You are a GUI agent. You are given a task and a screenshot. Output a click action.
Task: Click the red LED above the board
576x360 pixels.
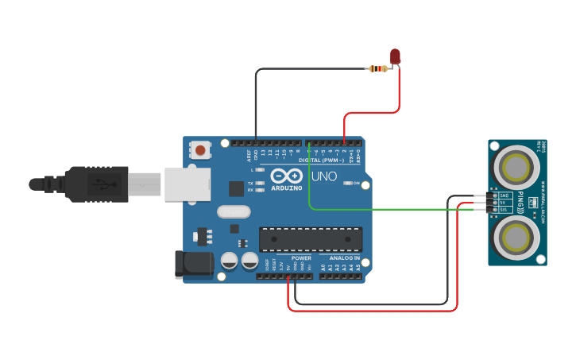pos(395,56)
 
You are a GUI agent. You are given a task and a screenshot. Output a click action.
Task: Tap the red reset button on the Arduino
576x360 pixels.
pos(200,149)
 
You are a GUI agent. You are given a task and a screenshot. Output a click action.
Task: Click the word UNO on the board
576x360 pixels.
pos(323,176)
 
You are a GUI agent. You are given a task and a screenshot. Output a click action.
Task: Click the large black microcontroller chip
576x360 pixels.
pos(310,239)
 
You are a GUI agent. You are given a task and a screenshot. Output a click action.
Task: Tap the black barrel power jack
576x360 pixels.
pos(193,265)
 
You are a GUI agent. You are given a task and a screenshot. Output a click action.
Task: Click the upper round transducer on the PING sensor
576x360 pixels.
pos(516,167)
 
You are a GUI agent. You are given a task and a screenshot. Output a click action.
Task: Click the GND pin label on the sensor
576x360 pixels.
pos(503,195)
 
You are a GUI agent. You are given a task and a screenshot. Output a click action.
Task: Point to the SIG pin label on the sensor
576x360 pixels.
pos(503,210)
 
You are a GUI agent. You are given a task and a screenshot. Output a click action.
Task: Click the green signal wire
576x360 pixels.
pos(381,210)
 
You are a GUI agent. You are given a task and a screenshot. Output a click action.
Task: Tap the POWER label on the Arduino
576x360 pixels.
pos(301,258)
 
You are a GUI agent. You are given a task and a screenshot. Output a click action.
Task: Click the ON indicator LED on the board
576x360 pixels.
pos(348,184)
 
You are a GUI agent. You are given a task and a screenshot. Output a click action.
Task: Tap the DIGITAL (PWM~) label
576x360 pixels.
pos(322,160)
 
